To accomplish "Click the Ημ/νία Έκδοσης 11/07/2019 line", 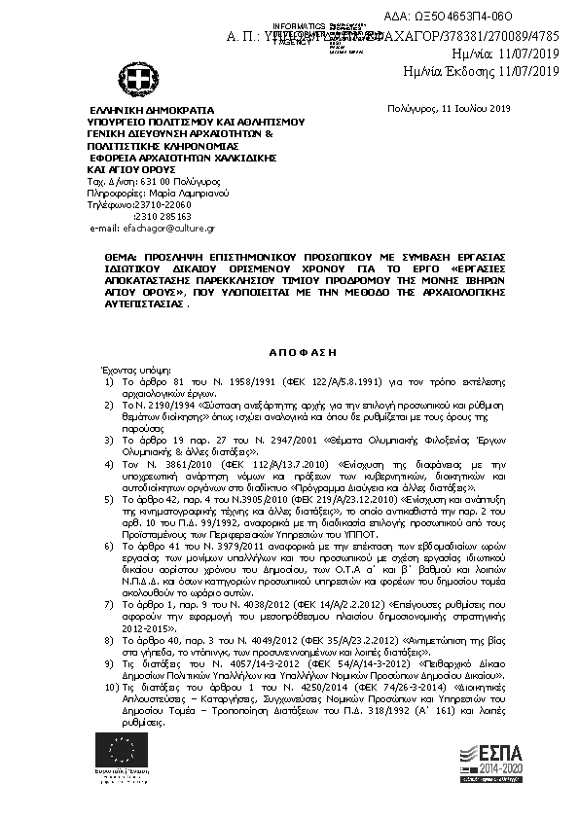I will pyautogui.click(x=481, y=72).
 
